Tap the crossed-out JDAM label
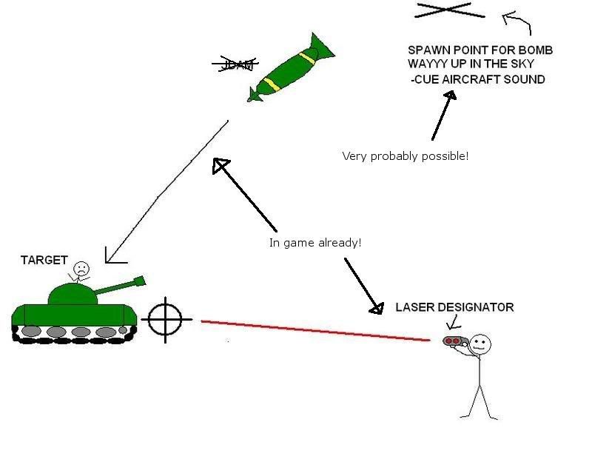point(233,65)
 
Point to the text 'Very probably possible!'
point(405,156)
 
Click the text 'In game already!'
point(314,243)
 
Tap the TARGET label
point(44,261)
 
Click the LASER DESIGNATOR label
point(454,307)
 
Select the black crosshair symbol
point(165,319)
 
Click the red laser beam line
point(314,331)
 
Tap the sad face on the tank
point(81,268)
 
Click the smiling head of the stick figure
point(480,344)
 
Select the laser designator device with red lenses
point(454,341)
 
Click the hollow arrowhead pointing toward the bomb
point(221,166)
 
